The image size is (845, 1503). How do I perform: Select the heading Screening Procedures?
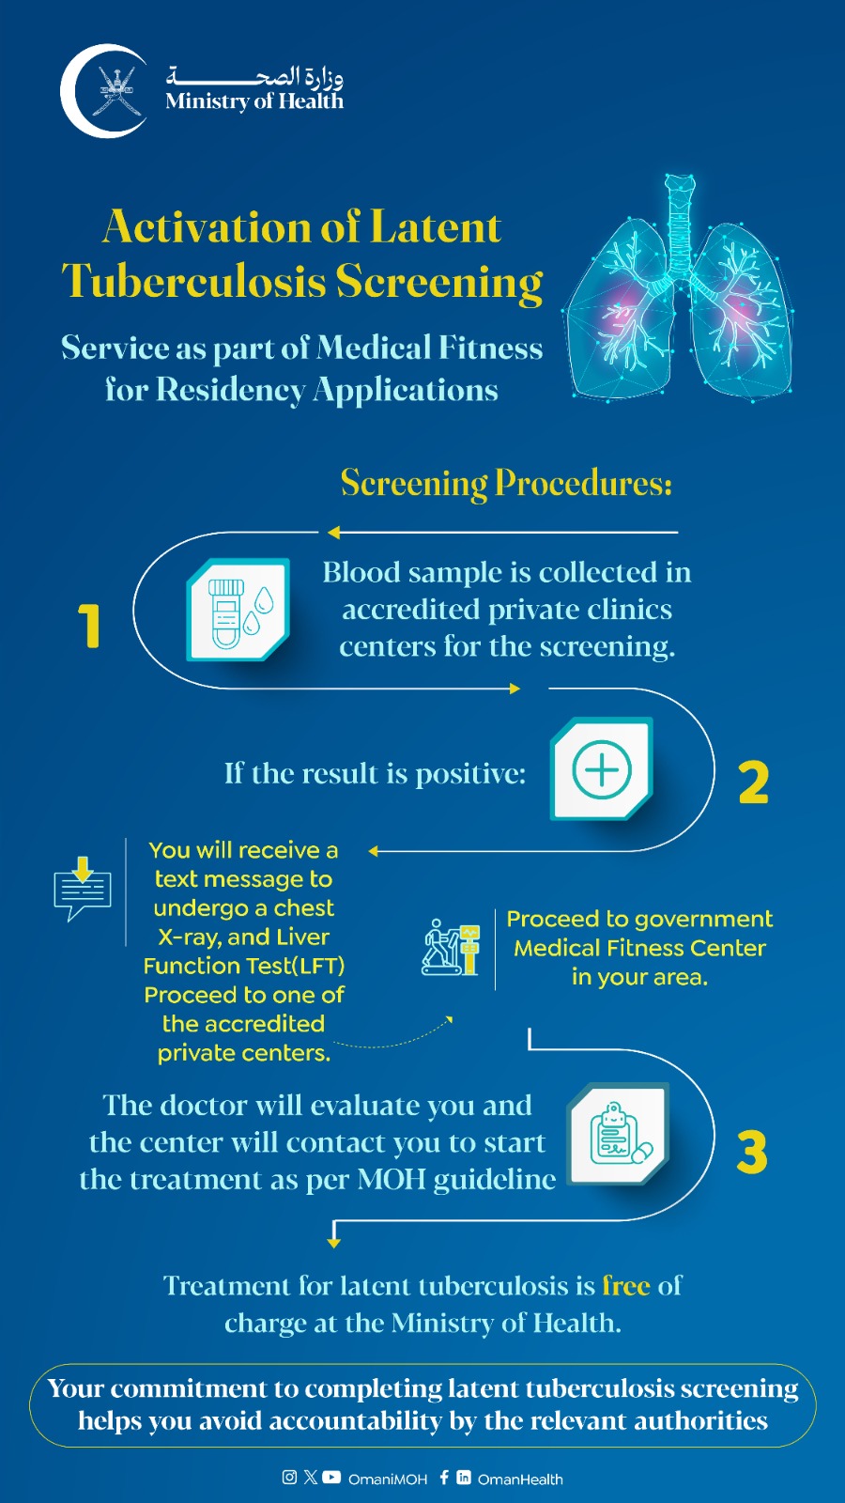pos(506,483)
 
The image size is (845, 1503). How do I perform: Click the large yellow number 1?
pos(89,626)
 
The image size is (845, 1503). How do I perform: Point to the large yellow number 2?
pos(753,782)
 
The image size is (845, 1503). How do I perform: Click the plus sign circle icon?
pos(602,769)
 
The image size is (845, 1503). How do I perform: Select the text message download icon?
pos(83,888)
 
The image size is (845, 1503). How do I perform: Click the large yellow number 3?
pos(752,1152)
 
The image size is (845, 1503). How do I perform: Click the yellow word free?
pos(626,1285)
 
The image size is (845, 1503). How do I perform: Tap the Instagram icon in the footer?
pos(289,1477)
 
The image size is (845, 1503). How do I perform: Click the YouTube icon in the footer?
pos(331,1477)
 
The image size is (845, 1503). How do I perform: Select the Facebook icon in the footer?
pos(444,1477)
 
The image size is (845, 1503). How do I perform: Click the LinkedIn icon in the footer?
pos(464,1477)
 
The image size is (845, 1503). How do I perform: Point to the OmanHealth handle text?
pos(520,1479)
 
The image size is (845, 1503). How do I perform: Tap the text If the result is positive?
pos(375,773)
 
